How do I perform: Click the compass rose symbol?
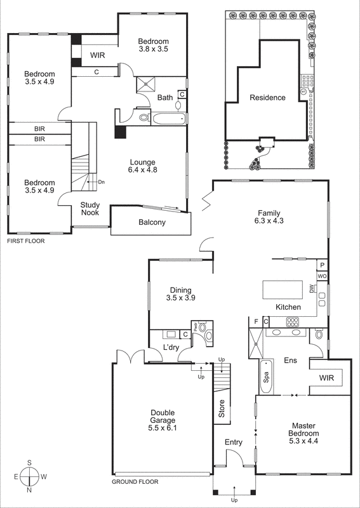pos(29,476)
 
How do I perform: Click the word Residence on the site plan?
pos(267,98)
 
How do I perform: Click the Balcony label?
pos(152,222)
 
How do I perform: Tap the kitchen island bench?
pos(284,289)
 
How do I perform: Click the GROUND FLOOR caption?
pos(135,482)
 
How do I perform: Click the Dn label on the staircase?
pos(101,183)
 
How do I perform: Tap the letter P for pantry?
pos(323,265)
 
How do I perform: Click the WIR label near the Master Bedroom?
pos(326,378)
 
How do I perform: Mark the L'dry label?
pos(171,347)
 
